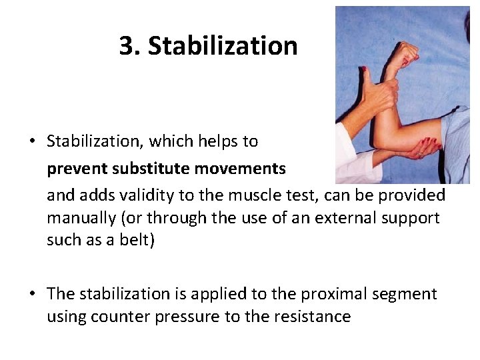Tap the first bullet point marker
32,141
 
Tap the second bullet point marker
32,294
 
